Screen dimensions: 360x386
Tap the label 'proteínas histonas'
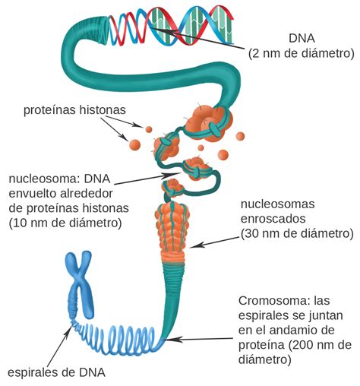point(74,110)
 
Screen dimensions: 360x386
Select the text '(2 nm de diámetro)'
point(302,54)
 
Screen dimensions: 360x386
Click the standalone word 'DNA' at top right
point(302,39)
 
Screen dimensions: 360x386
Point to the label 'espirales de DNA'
point(56,372)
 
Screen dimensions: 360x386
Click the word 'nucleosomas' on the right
point(277,204)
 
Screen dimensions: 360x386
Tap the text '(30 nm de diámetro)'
point(297,233)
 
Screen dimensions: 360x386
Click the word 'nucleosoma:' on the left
point(43,179)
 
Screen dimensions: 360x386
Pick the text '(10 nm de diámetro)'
point(65,223)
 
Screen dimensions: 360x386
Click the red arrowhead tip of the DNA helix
point(232,17)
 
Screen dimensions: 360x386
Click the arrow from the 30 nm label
point(214,242)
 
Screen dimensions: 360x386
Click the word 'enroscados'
point(273,219)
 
